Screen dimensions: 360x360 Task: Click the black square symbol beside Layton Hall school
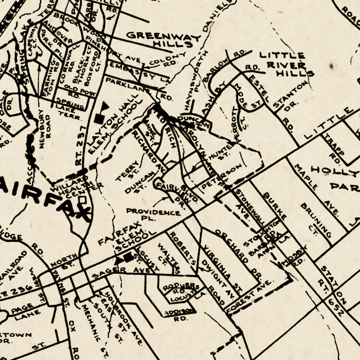click(98, 118)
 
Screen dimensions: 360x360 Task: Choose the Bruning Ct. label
click(316, 220)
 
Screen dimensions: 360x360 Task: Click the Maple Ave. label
click(316, 188)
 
